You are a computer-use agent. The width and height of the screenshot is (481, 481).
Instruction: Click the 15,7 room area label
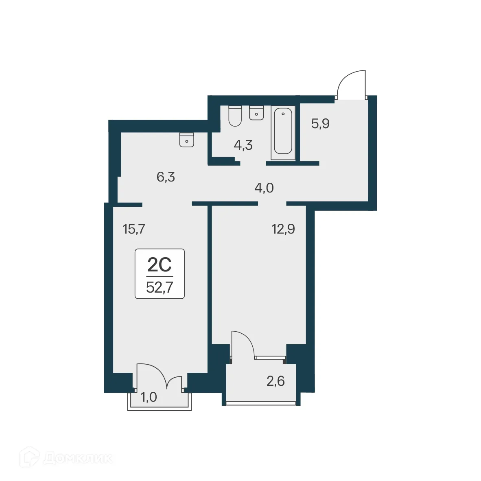134,230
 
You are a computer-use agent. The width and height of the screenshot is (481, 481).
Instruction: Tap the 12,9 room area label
283,229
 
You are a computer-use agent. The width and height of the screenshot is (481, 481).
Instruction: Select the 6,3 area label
166,177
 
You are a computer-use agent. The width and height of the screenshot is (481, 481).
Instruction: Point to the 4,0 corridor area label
264,188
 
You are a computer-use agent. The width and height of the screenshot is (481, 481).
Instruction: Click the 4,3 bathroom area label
243,144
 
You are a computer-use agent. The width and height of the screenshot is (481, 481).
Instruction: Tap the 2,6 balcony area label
275,381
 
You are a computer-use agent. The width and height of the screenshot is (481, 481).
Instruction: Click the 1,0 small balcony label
149,397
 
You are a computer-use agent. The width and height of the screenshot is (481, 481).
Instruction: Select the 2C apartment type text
160,265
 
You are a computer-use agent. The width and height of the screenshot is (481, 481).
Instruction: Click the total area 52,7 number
160,287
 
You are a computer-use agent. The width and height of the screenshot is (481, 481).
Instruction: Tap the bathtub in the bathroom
283,131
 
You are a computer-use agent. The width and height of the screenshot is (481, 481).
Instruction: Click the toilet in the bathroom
235,116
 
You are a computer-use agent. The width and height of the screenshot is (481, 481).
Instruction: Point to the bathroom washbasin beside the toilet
256,113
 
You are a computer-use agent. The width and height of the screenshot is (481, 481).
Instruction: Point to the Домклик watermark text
77,458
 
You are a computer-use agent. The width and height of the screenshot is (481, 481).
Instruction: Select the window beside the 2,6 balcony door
269,358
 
